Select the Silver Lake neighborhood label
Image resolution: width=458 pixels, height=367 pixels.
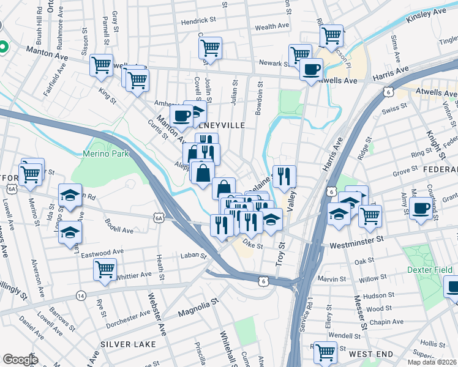click(125, 344)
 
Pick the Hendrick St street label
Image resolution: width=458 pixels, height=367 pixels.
click(200, 21)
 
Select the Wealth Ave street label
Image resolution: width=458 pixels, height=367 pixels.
click(272, 28)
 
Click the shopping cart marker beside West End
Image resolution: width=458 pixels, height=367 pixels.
click(325, 351)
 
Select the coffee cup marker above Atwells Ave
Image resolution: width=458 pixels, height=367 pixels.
click(311, 69)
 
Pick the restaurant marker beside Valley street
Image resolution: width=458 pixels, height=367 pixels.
click(284, 176)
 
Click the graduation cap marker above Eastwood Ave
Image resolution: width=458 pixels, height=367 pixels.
click(70, 232)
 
